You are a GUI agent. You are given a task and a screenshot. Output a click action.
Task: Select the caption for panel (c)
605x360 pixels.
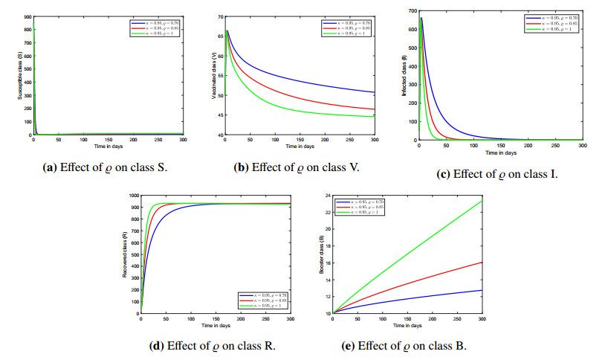coord(497,175)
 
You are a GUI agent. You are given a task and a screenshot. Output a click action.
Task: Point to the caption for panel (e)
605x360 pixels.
coord(404,346)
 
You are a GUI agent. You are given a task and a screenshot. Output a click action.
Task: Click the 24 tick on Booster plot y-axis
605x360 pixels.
coord(326,194)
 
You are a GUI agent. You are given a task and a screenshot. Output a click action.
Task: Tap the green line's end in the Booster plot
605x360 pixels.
coord(482,201)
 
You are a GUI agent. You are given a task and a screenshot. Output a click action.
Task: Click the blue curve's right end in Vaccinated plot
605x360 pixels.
coord(375,92)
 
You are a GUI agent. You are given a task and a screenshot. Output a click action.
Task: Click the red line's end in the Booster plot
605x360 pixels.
coord(482,262)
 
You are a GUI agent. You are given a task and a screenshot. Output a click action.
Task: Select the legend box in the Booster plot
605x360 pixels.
coord(360,206)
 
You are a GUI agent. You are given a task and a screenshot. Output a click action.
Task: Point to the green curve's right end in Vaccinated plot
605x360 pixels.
coord(375,116)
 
